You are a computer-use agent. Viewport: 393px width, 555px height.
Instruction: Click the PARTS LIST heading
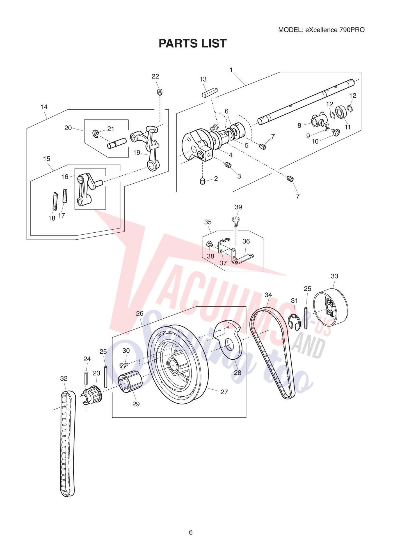[x=193, y=43]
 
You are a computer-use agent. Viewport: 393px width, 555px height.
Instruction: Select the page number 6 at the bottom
[x=191, y=532]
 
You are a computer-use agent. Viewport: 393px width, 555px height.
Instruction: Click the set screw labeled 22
[x=160, y=92]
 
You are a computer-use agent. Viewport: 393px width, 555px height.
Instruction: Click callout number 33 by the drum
[x=334, y=276]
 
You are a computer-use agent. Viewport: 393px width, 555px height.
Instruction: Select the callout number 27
[x=224, y=392]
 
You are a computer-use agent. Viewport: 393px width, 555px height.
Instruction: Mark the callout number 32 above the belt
[x=64, y=378]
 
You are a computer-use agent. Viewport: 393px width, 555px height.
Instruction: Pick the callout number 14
[x=44, y=107]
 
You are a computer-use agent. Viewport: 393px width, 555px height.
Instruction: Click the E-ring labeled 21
[x=96, y=133]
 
